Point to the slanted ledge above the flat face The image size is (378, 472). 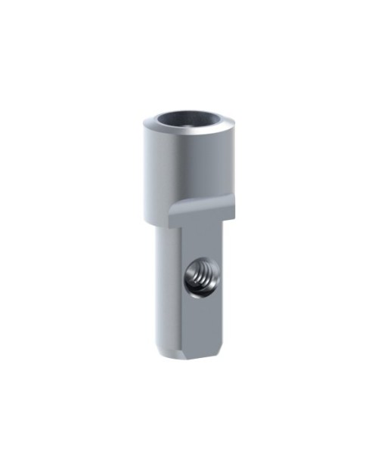coord(200,214)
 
